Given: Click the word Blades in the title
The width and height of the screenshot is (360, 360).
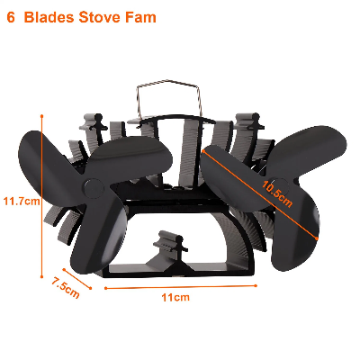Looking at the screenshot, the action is [x=49, y=17].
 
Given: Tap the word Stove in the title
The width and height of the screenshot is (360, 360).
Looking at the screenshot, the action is [x=100, y=17].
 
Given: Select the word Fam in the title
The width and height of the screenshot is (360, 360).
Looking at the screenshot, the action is [x=140, y=17].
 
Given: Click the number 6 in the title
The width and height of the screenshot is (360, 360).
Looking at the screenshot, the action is [x=11, y=17].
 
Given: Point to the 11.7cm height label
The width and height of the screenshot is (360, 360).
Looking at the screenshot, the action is [x=22, y=201].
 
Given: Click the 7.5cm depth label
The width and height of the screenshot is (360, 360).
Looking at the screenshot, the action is [x=65, y=288].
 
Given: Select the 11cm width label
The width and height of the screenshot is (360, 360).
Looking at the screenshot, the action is [x=175, y=298].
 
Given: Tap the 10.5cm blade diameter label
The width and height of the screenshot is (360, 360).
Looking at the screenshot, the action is [x=276, y=193].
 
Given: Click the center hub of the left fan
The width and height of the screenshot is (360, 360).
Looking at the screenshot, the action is [x=94, y=189].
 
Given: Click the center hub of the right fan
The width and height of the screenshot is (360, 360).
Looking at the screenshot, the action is [x=280, y=186].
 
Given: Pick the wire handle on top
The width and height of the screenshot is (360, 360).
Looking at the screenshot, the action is [x=168, y=97].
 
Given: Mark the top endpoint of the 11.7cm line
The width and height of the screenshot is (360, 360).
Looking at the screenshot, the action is [x=41, y=115].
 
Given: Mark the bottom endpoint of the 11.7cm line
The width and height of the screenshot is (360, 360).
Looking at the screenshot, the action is [x=41, y=277].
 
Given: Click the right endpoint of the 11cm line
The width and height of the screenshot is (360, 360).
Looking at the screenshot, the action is [x=256, y=285].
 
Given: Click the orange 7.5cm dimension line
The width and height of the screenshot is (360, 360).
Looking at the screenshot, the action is [x=76, y=279].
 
